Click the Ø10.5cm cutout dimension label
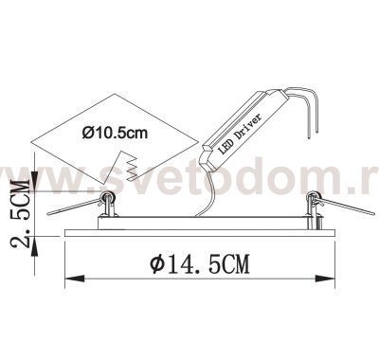pos(115,133)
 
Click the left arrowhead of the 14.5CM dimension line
pos(69,280)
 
